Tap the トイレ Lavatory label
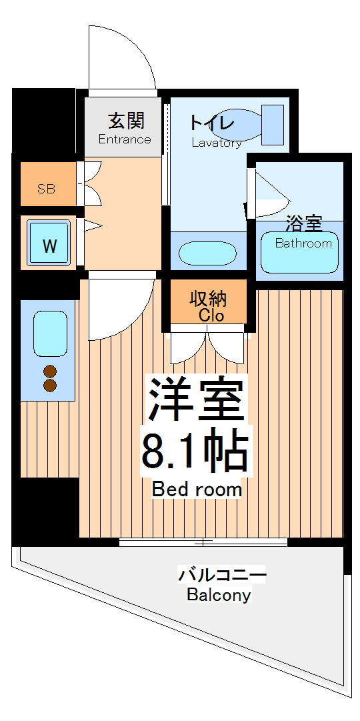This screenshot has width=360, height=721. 213,130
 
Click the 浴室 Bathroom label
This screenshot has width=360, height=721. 303,231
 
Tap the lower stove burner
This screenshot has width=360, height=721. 50,386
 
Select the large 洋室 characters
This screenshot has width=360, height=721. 195,400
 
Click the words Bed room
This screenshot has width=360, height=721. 197,490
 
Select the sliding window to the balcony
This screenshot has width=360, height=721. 203,542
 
